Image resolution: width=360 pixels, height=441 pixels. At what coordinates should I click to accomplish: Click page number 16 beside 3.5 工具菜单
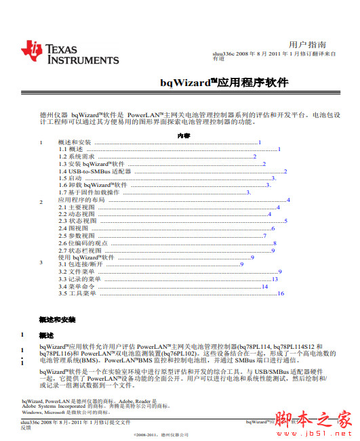pyautogui.click(x=280, y=293)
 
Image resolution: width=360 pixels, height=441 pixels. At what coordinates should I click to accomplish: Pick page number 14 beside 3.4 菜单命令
pyautogui.click(x=266, y=286)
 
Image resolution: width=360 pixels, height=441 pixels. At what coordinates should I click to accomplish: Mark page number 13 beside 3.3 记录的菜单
pyautogui.click(x=275, y=279)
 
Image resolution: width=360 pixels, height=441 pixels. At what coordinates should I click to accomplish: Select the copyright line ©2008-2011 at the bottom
pyautogui.click(x=161, y=434)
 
